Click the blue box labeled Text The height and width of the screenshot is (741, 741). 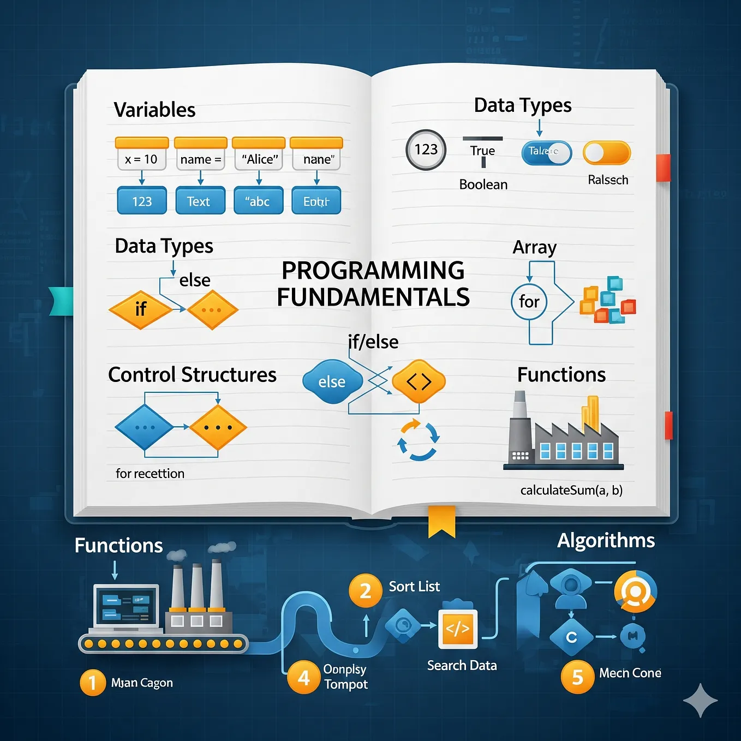point(200,201)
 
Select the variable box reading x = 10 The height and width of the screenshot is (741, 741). point(141,159)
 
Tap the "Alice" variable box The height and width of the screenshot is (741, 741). point(259,159)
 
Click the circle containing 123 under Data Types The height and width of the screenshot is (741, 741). point(426,150)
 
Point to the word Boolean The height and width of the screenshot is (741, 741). point(483,184)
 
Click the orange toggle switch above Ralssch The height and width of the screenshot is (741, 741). point(607,153)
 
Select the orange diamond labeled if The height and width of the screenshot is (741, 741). point(140,309)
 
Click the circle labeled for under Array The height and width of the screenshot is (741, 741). point(529,302)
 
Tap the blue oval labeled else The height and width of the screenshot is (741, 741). point(332,382)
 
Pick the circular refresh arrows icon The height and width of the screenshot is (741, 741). point(418,440)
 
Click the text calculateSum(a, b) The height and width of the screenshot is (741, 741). point(571,490)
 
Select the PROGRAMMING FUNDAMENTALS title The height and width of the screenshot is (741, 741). point(373,284)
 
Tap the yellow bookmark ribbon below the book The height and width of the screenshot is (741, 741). point(441,520)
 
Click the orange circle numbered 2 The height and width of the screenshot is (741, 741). point(366,590)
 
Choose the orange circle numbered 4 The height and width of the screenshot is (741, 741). point(304,677)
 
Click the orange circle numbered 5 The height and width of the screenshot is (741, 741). point(577,677)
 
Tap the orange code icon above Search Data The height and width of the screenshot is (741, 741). point(458,629)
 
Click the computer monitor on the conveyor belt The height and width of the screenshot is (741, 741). point(127,607)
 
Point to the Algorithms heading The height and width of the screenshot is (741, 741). point(606,540)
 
